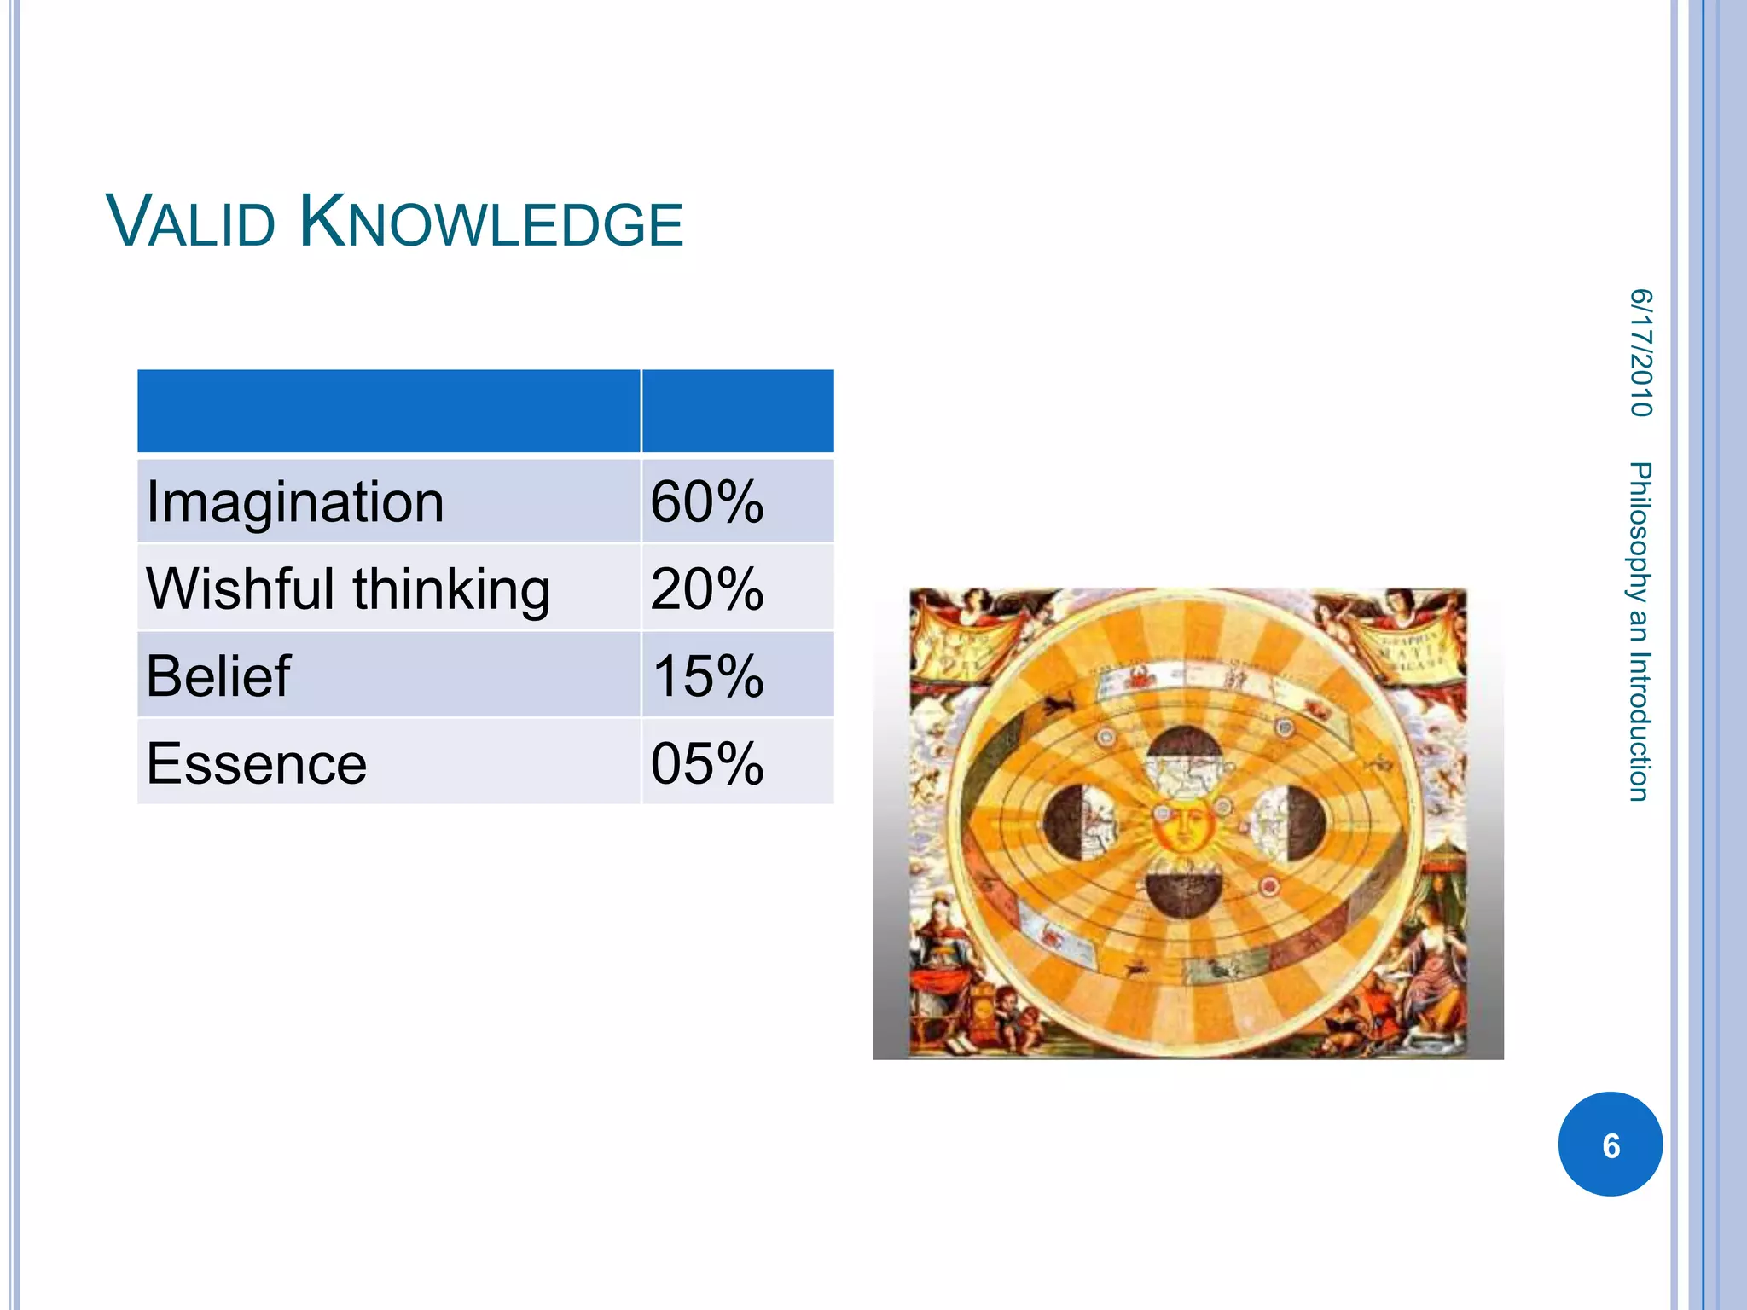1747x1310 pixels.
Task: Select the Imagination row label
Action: point(295,501)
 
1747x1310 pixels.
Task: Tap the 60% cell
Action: point(706,501)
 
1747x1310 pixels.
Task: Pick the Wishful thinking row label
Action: point(348,589)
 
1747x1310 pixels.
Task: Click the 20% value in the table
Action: point(706,589)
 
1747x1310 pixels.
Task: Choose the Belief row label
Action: point(218,676)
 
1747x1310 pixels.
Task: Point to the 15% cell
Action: point(706,676)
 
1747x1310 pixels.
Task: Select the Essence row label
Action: point(256,763)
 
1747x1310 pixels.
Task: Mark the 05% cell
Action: point(706,763)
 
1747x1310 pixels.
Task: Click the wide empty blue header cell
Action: point(388,411)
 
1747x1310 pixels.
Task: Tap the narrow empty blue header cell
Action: point(738,411)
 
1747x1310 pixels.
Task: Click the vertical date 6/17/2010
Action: point(1640,352)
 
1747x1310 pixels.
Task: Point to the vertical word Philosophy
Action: point(1640,532)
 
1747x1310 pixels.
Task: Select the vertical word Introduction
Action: point(1640,726)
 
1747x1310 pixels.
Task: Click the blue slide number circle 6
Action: point(1610,1145)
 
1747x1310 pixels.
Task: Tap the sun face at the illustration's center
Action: point(1182,825)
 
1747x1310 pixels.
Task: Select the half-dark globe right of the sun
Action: point(1289,822)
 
